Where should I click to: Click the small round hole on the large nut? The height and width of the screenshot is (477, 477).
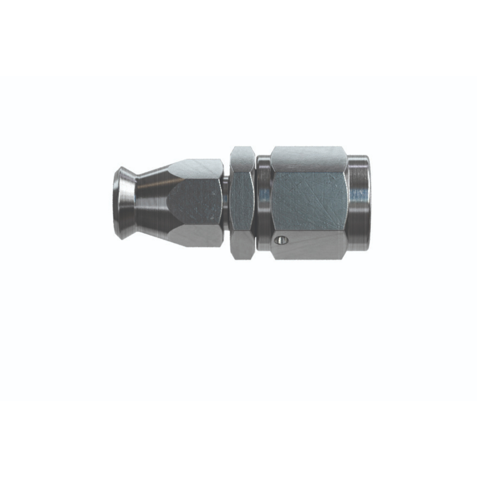pos(281,241)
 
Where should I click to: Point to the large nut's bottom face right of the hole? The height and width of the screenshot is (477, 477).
pos(314,246)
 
